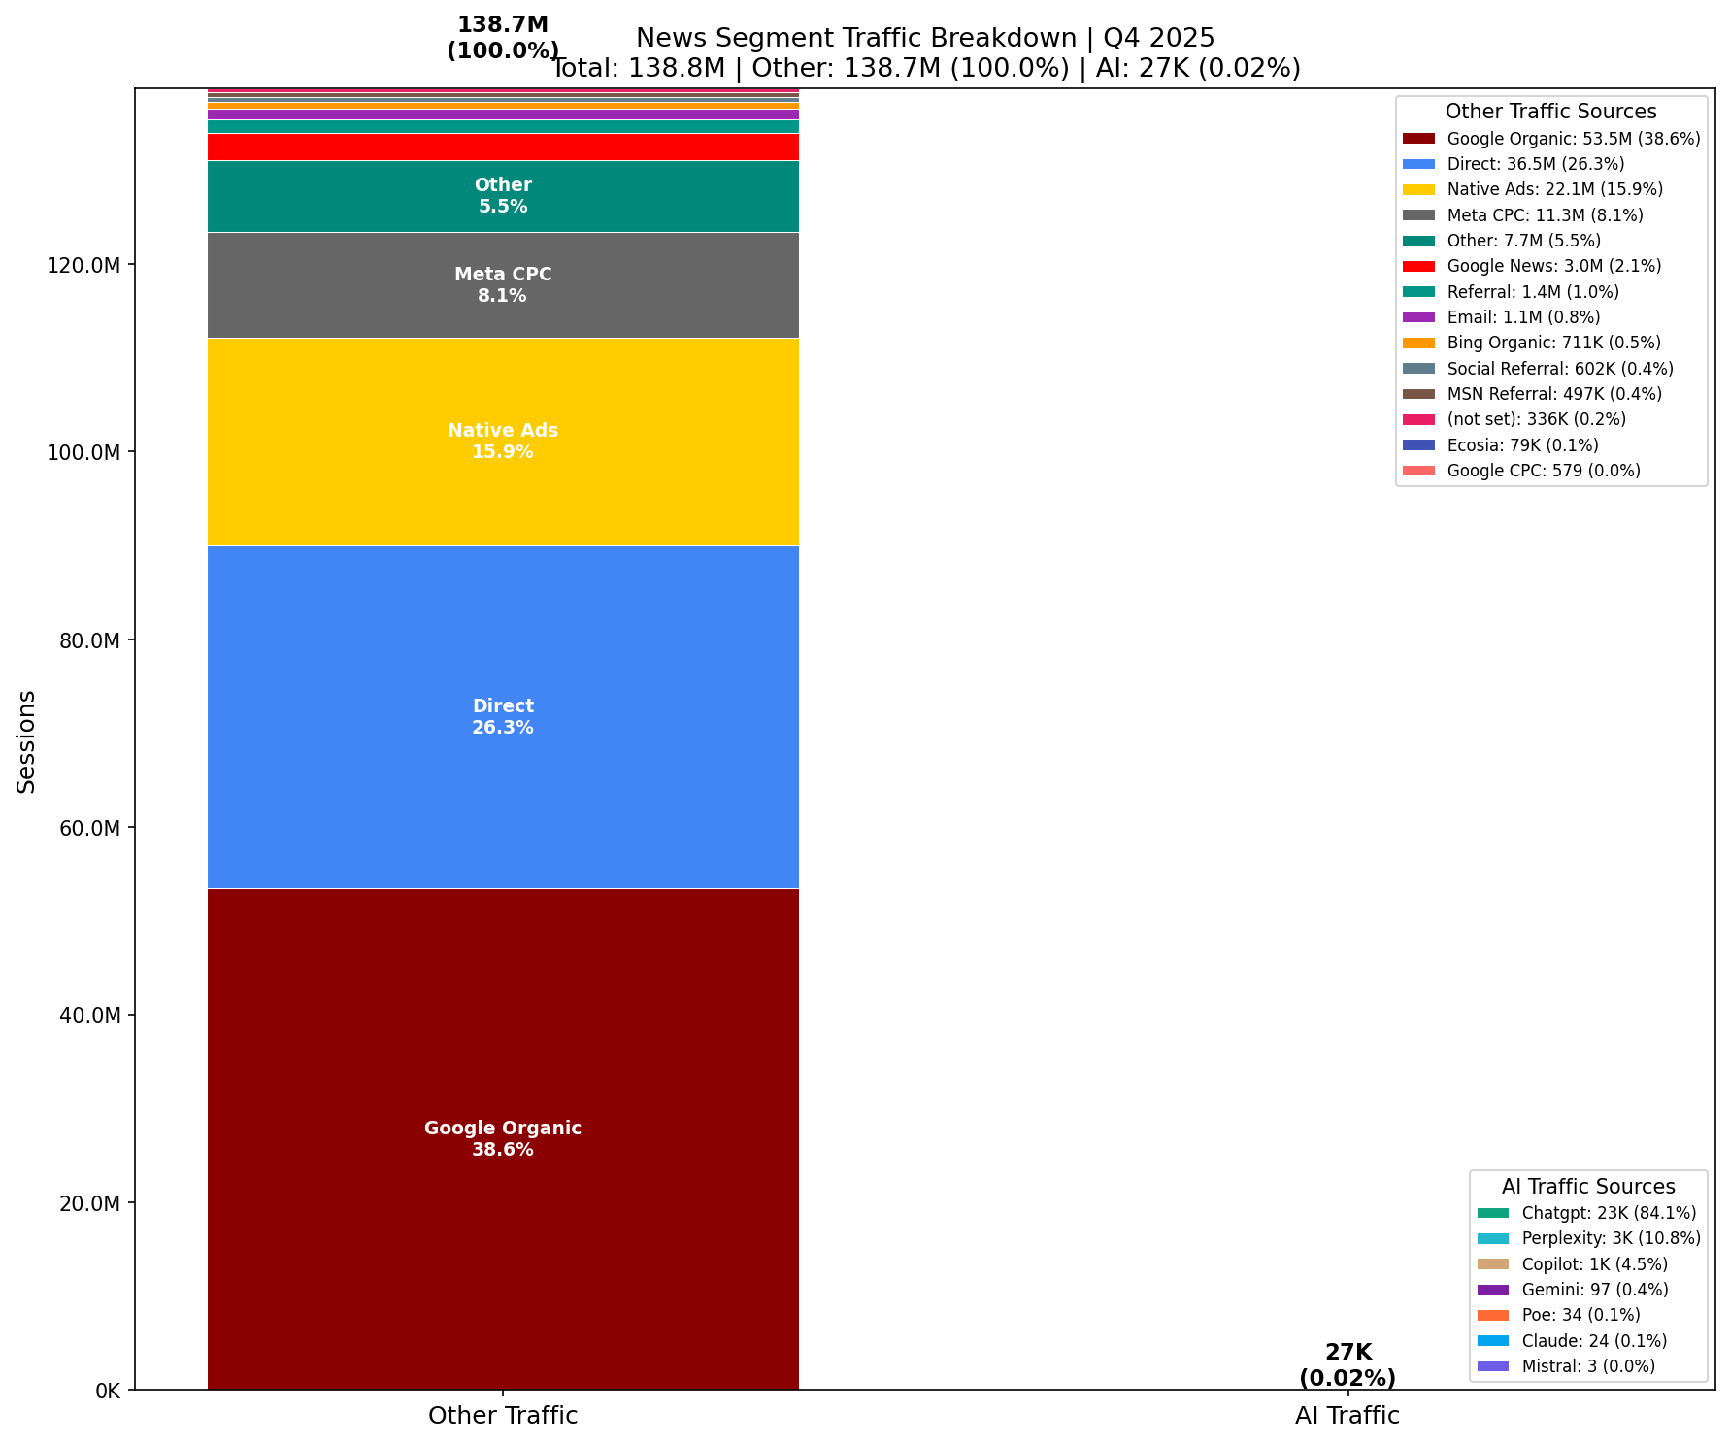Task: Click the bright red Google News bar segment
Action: (x=503, y=147)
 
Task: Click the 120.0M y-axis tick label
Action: (x=84, y=265)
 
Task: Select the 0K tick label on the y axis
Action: (x=107, y=1391)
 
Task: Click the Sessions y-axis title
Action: (x=27, y=741)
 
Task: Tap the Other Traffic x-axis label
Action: (x=503, y=1416)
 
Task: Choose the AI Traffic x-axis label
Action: (x=1347, y=1416)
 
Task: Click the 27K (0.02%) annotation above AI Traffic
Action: (x=1347, y=1364)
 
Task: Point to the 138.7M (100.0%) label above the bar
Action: (x=503, y=38)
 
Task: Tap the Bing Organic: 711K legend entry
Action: (x=1553, y=343)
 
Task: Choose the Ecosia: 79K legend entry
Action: (x=1522, y=445)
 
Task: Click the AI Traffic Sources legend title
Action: (x=1588, y=1187)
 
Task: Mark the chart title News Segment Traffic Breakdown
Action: (x=925, y=38)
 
